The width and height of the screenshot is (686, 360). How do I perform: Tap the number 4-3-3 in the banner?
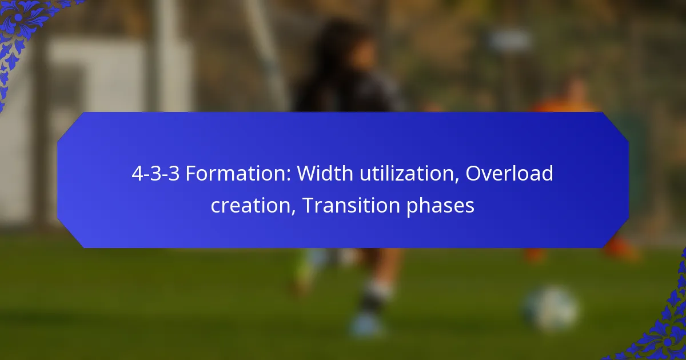click(155, 174)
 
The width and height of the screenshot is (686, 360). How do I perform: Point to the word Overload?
click(509, 174)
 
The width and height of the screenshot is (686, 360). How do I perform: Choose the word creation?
click(249, 205)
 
